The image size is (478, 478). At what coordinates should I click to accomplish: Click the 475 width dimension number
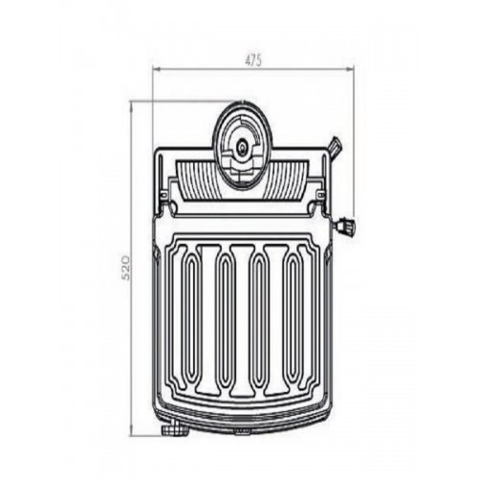pos(253,60)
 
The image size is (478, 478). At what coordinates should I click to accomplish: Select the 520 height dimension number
pos(126,267)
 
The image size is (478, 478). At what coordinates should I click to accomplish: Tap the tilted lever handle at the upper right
pos(336,146)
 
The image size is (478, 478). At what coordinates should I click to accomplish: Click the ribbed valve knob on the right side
pos(345,226)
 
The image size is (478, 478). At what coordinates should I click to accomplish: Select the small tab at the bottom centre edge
pos(242,431)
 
